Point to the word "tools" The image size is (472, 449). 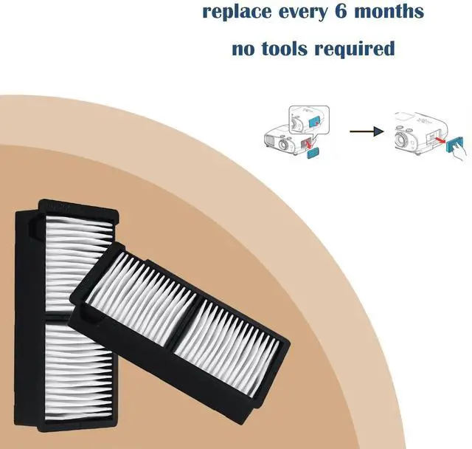coord(288,49)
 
